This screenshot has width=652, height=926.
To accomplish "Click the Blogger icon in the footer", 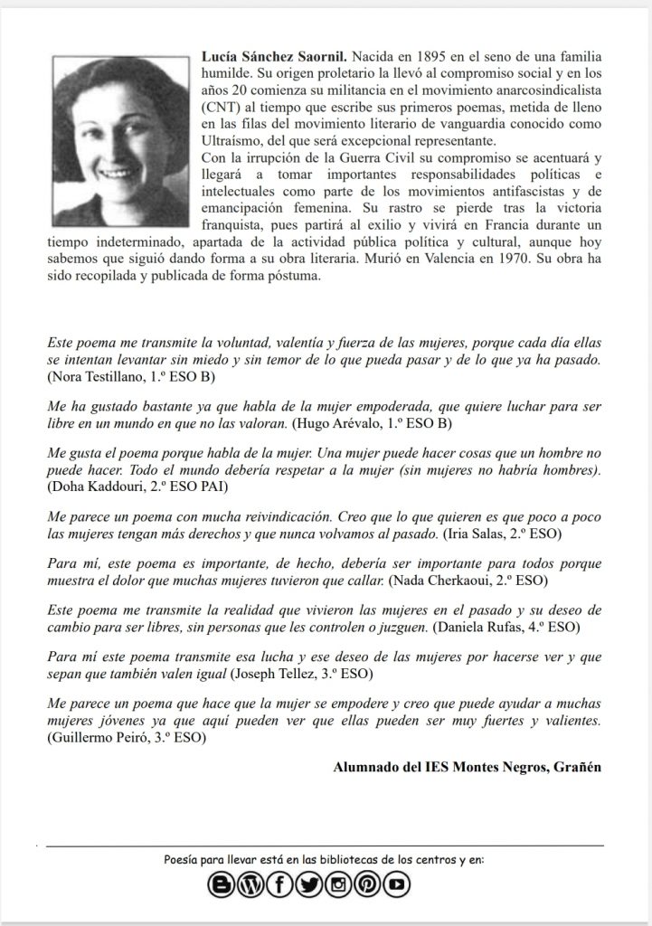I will pyautogui.click(x=221, y=885).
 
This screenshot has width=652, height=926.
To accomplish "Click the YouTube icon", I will pyautogui.click(x=397, y=885).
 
